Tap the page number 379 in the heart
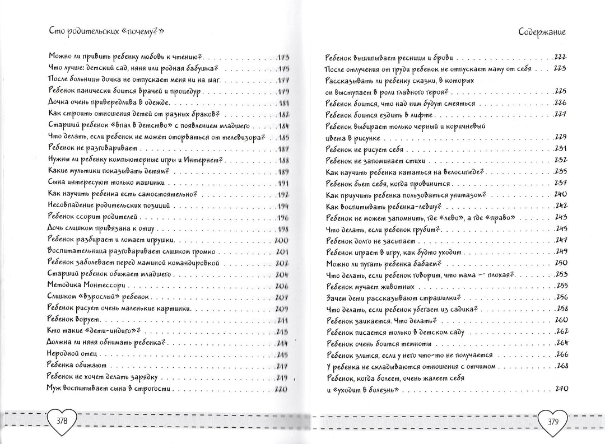tap(552, 421)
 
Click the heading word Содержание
tap(542, 32)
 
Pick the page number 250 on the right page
tap(561, 263)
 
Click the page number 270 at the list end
tap(561, 389)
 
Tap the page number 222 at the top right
tap(560, 58)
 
